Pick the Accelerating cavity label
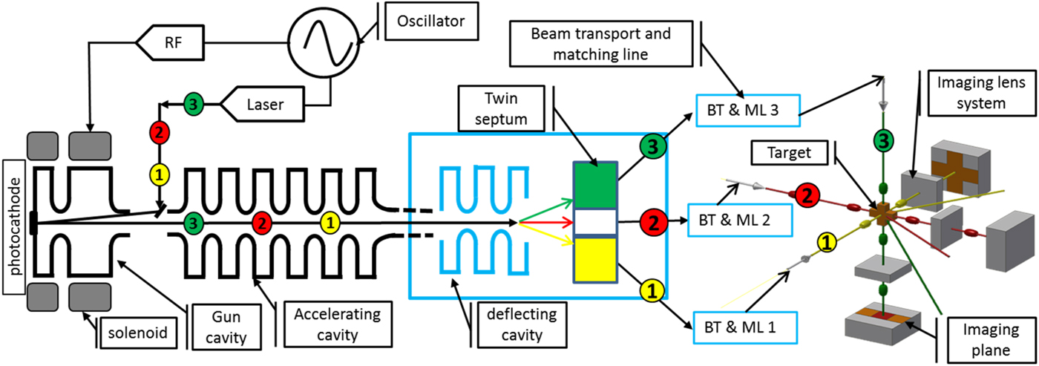point(327,324)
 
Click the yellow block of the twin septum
point(594,259)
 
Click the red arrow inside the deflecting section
point(545,221)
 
